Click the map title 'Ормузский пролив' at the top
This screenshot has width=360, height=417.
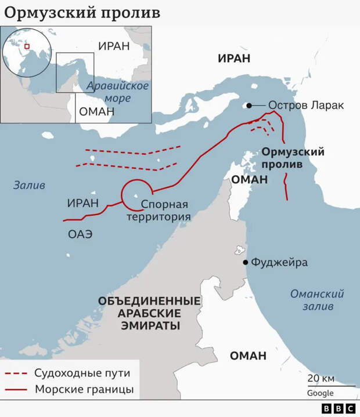pyautogui.click(x=81, y=13)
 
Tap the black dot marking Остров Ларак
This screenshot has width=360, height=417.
pyautogui.click(x=249, y=106)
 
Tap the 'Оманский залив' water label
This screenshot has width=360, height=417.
pyautogui.click(x=317, y=300)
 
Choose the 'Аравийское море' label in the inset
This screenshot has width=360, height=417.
pyautogui.click(x=117, y=92)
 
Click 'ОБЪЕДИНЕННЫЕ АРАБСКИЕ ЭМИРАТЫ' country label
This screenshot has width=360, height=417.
pyautogui.click(x=150, y=313)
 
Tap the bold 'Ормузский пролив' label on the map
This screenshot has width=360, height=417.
pyautogui.click(x=293, y=158)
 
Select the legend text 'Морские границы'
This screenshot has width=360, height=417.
pyautogui.click(x=84, y=389)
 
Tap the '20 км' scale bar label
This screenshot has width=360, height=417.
pyautogui.click(x=321, y=378)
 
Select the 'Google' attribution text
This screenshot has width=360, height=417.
pyautogui.click(x=321, y=393)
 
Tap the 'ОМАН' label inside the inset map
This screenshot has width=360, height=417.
pyautogui.click(x=95, y=113)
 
